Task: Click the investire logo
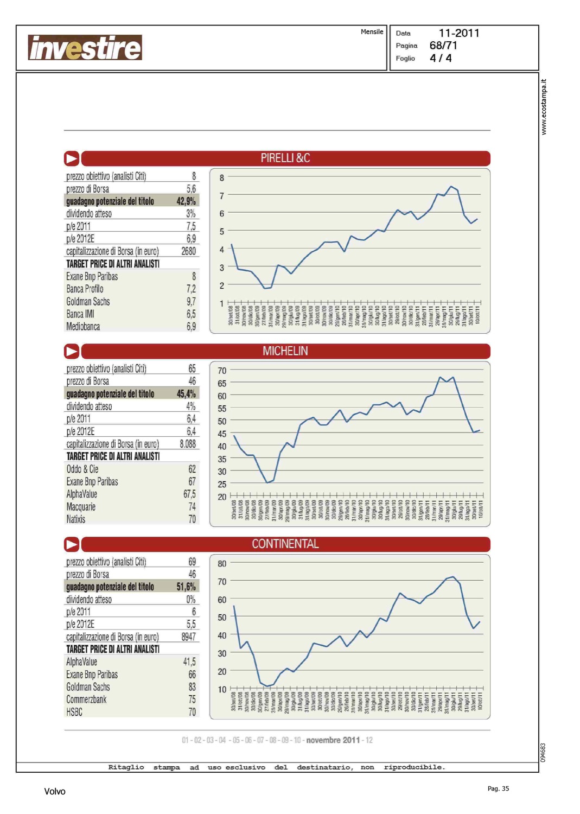pyautogui.click(x=85, y=48)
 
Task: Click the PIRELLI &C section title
pyautogui.click(x=285, y=158)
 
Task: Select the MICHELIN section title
pyautogui.click(x=285, y=351)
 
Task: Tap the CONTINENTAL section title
pyautogui.click(x=285, y=544)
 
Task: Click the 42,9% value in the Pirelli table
pyautogui.click(x=186, y=201)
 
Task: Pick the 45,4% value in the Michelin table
pyautogui.click(x=186, y=394)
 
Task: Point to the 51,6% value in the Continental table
pyautogui.click(x=186, y=587)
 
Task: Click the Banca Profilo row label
pyautogui.click(x=85, y=289)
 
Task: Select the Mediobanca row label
pyautogui.click(x=83, y=327)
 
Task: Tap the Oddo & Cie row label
pyautogui.click(x=82, y=469)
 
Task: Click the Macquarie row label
pyautogui.click(x=81, y=507)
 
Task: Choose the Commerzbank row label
pyautogui.click(x=86, y=699)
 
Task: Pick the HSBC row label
pyautogui.click(x=74, y=712)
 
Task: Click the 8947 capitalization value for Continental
pyautogui.click(x=188, y=637)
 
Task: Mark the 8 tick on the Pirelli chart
pyautogui.click(x=221, y=177)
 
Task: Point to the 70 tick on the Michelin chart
pyautogui.click(x=222, y=371)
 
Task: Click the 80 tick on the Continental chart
pyautogui.click(x=222, y=564)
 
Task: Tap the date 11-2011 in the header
pyautogui.click(x=459, y=33)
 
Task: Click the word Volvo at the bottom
pyautogui.click(x=55, y=791)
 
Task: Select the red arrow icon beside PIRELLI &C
pyautogui.click(x=72, y=158)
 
